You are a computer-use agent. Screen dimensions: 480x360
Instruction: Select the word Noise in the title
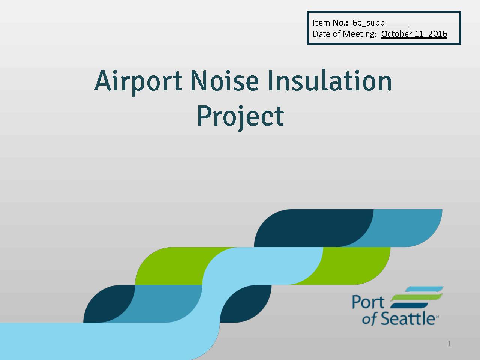coord(225,80)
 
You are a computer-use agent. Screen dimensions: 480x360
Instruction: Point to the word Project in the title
coord(240,118)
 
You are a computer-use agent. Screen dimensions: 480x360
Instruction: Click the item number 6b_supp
coord(369,22)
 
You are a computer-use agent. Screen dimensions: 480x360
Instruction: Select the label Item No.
coord(330,22)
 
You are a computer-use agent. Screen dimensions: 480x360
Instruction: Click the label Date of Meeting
coord(345,34)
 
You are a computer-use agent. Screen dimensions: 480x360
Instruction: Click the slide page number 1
coord(449,343)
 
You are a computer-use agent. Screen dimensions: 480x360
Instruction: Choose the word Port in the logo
coord(368,302)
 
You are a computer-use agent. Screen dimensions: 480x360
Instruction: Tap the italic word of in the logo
coord(370,319)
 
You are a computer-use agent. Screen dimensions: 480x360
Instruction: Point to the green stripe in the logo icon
coord(417,297)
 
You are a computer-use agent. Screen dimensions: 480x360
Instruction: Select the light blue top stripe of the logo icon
coord(424,289)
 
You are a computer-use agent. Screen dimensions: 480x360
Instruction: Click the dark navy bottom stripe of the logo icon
coord(409,305)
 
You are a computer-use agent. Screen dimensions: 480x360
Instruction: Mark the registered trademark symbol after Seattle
coord(437,316)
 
